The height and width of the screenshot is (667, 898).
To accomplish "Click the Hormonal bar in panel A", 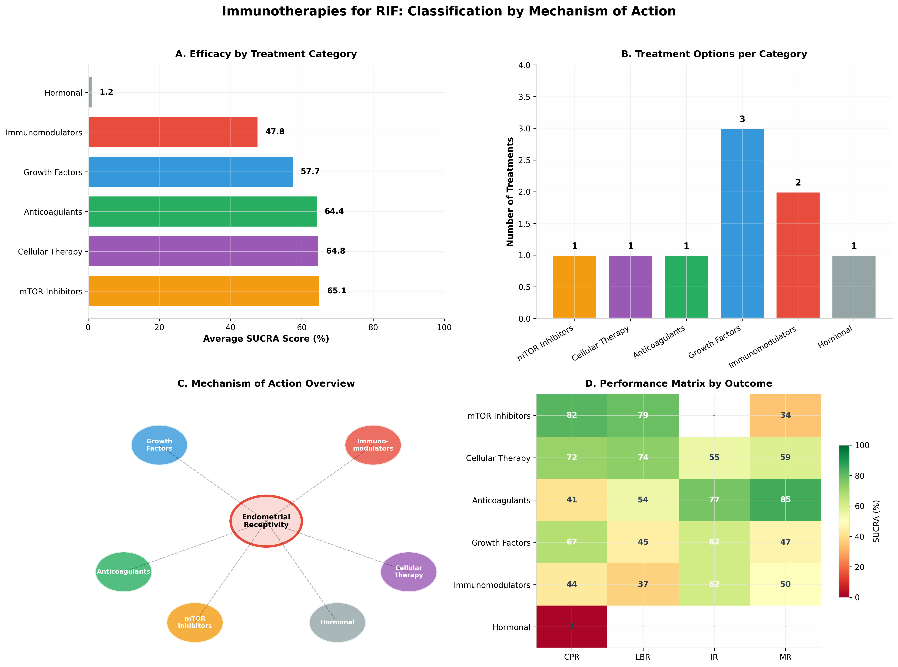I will tap(90, 92).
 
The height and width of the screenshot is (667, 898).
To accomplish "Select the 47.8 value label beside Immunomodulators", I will tap(275, 132).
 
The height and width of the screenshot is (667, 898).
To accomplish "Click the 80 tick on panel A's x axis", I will tap(373, 327).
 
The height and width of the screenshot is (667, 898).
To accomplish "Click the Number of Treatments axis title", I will tap(510, 192).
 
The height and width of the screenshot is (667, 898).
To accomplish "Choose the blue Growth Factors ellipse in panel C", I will tap(159, 445).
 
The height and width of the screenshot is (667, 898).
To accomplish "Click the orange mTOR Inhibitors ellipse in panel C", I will tap(195, 622).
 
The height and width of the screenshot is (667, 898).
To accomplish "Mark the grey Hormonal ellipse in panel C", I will tap(337, 622).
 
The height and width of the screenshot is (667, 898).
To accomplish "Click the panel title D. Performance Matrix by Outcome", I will tap(678, 384).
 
